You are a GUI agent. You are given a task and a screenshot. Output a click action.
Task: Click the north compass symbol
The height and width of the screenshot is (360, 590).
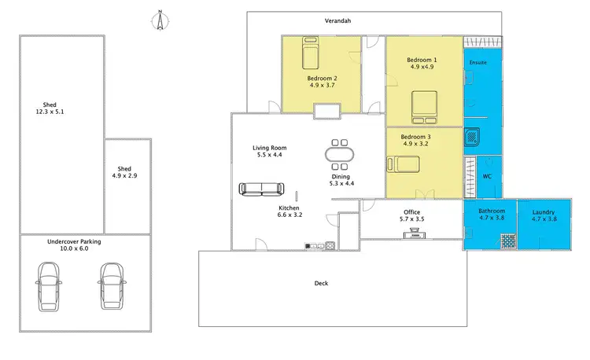(x=159, y=21)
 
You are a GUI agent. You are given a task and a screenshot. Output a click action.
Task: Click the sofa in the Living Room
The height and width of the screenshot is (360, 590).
(x=262, y=189)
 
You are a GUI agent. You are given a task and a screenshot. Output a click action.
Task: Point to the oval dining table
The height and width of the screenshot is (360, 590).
(x=340, y=154)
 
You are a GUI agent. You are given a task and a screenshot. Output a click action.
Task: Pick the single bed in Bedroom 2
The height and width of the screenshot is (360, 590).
(x=310, y=55)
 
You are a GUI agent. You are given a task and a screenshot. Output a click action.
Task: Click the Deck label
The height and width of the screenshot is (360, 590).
(x=320, y=284)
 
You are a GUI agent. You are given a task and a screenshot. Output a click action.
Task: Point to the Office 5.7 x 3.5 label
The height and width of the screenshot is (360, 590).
(x=411, y=216)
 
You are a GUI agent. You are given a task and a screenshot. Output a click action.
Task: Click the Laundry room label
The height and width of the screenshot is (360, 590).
(x=544, y=216)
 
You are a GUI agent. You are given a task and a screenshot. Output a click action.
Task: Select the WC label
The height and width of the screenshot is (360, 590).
(x=487, y=177)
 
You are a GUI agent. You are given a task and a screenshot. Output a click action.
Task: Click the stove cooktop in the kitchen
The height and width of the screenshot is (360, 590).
(x=330, y=246)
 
